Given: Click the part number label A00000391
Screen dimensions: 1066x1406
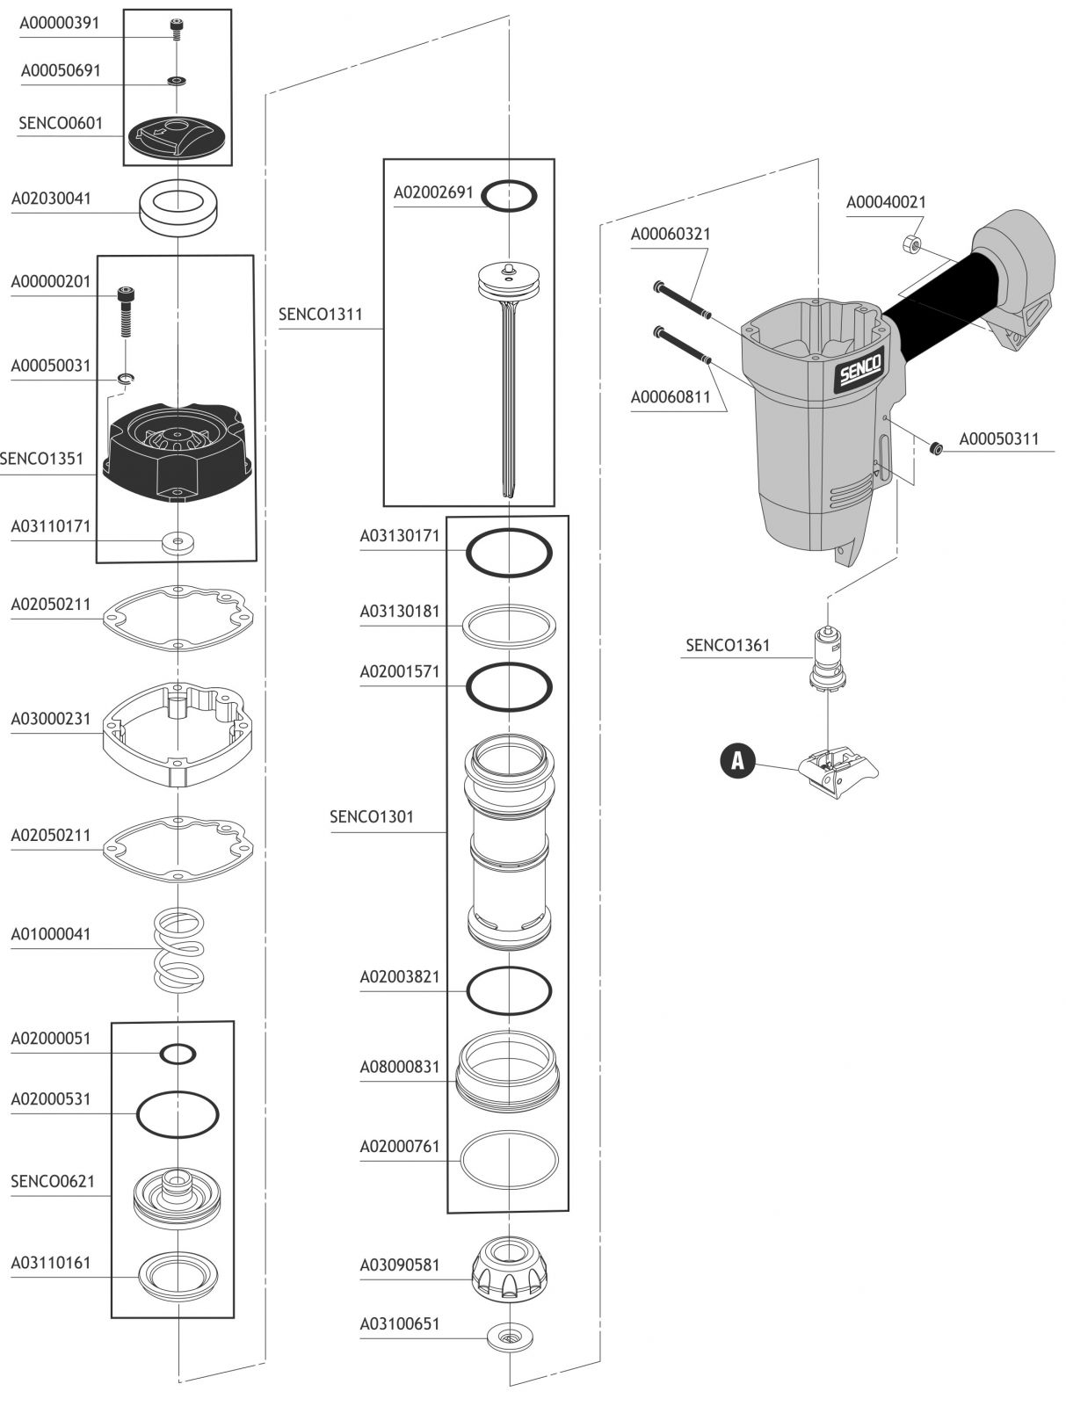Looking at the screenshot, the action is coord(59,23).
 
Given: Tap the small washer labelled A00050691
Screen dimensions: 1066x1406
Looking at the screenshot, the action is coord(176,81).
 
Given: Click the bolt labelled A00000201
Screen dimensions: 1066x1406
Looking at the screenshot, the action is coord(126,312).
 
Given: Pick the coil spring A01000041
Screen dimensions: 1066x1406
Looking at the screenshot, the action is coord(178,949).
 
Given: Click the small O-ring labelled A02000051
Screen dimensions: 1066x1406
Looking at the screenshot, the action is coord(178,1054).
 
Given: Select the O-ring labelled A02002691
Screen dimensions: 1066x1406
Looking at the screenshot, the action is coord(509,195).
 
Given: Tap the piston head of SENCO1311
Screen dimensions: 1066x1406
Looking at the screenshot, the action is coord(510,280).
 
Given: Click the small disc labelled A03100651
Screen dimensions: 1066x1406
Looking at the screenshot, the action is coord(510,1336).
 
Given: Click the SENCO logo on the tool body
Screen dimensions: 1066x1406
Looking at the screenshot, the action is coord(861,370).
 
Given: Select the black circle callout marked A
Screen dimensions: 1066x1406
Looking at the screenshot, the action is coord(737,760).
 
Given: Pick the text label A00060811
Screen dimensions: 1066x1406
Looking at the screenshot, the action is coord(670,397).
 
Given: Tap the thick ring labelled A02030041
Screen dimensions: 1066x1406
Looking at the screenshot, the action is coord(178,208).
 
